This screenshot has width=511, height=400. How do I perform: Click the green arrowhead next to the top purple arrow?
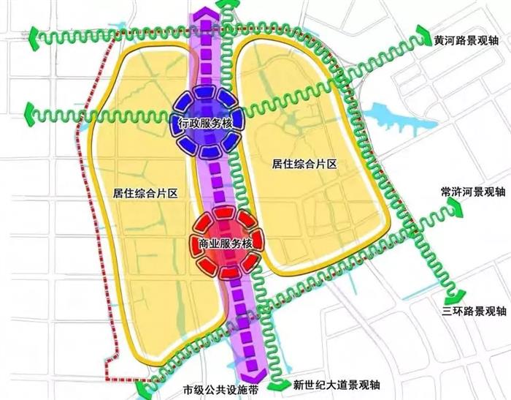[x=228, y=7]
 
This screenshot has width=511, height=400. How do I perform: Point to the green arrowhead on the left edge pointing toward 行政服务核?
[x=33, y=113]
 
